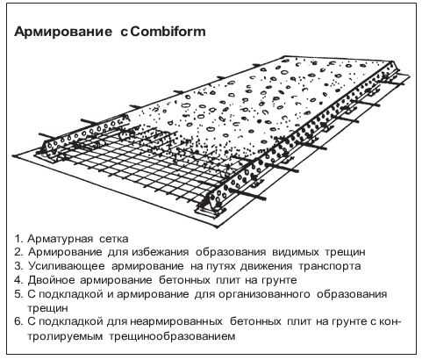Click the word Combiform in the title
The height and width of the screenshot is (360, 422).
[168, 32]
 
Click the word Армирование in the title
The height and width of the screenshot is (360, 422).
[63, 32]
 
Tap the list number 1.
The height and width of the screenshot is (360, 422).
[18, 239]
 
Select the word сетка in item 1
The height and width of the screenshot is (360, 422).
[114, 239]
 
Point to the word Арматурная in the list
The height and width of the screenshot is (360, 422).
[61, 240]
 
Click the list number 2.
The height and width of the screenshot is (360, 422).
[18, 252]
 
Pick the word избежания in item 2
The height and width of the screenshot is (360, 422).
[161, 252]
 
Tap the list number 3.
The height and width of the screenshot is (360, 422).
[18, 266]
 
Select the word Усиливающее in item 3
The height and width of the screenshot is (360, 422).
[67, 267]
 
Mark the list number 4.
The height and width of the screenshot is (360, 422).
[18, 280]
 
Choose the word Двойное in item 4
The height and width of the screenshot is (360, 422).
[51, 281]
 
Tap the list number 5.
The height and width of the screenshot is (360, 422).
[18, 294]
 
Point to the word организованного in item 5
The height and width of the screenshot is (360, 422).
[264, 295]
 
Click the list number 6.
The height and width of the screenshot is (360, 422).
[18, 321]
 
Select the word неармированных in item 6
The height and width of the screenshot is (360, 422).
[176, 322]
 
